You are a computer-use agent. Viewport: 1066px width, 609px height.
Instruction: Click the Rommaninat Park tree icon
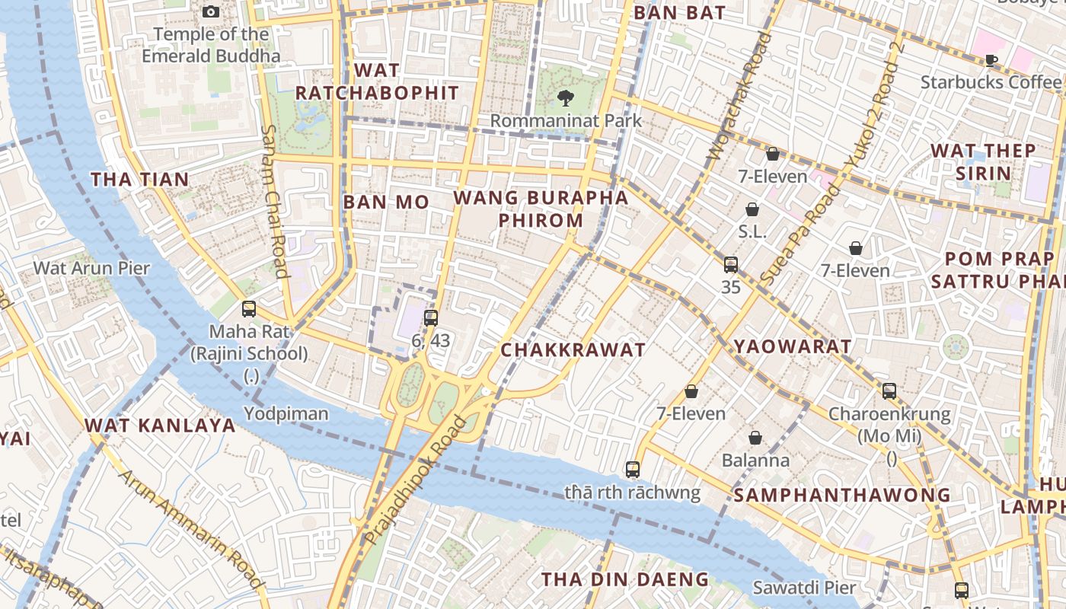coord(565,97)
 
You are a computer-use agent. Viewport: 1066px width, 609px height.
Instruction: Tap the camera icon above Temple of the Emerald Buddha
coord(211,11)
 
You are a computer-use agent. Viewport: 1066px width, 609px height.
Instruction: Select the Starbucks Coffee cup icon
coord(991,60)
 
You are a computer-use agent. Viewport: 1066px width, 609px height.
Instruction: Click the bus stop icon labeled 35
coord(731,264)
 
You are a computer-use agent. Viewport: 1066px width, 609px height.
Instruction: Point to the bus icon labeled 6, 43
coord(431,317)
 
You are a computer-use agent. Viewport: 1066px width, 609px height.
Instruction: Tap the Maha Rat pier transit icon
coord(249,308)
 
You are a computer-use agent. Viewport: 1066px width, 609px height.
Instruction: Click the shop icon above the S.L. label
coord(752,209)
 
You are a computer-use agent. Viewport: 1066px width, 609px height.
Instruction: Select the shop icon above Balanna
coord(755,438)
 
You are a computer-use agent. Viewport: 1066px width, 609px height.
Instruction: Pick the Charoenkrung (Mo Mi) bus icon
coord(889,391)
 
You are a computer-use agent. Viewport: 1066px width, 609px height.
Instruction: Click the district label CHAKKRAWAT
coord(573,350)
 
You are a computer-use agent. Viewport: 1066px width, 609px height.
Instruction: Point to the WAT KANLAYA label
coord(160,426)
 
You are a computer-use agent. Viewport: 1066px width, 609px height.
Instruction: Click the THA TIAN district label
coord(140,180)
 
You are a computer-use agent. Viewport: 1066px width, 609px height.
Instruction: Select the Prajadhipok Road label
coord(415,481)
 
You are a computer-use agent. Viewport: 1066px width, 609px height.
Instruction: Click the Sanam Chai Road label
coord(273,201)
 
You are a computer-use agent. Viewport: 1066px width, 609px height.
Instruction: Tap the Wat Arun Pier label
coord(91,268)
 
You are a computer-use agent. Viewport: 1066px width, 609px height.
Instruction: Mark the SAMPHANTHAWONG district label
coord(842,496)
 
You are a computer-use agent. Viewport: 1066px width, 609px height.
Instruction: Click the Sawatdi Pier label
coord(804,588)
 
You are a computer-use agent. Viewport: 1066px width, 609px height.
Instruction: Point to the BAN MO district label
coord(386,202)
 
